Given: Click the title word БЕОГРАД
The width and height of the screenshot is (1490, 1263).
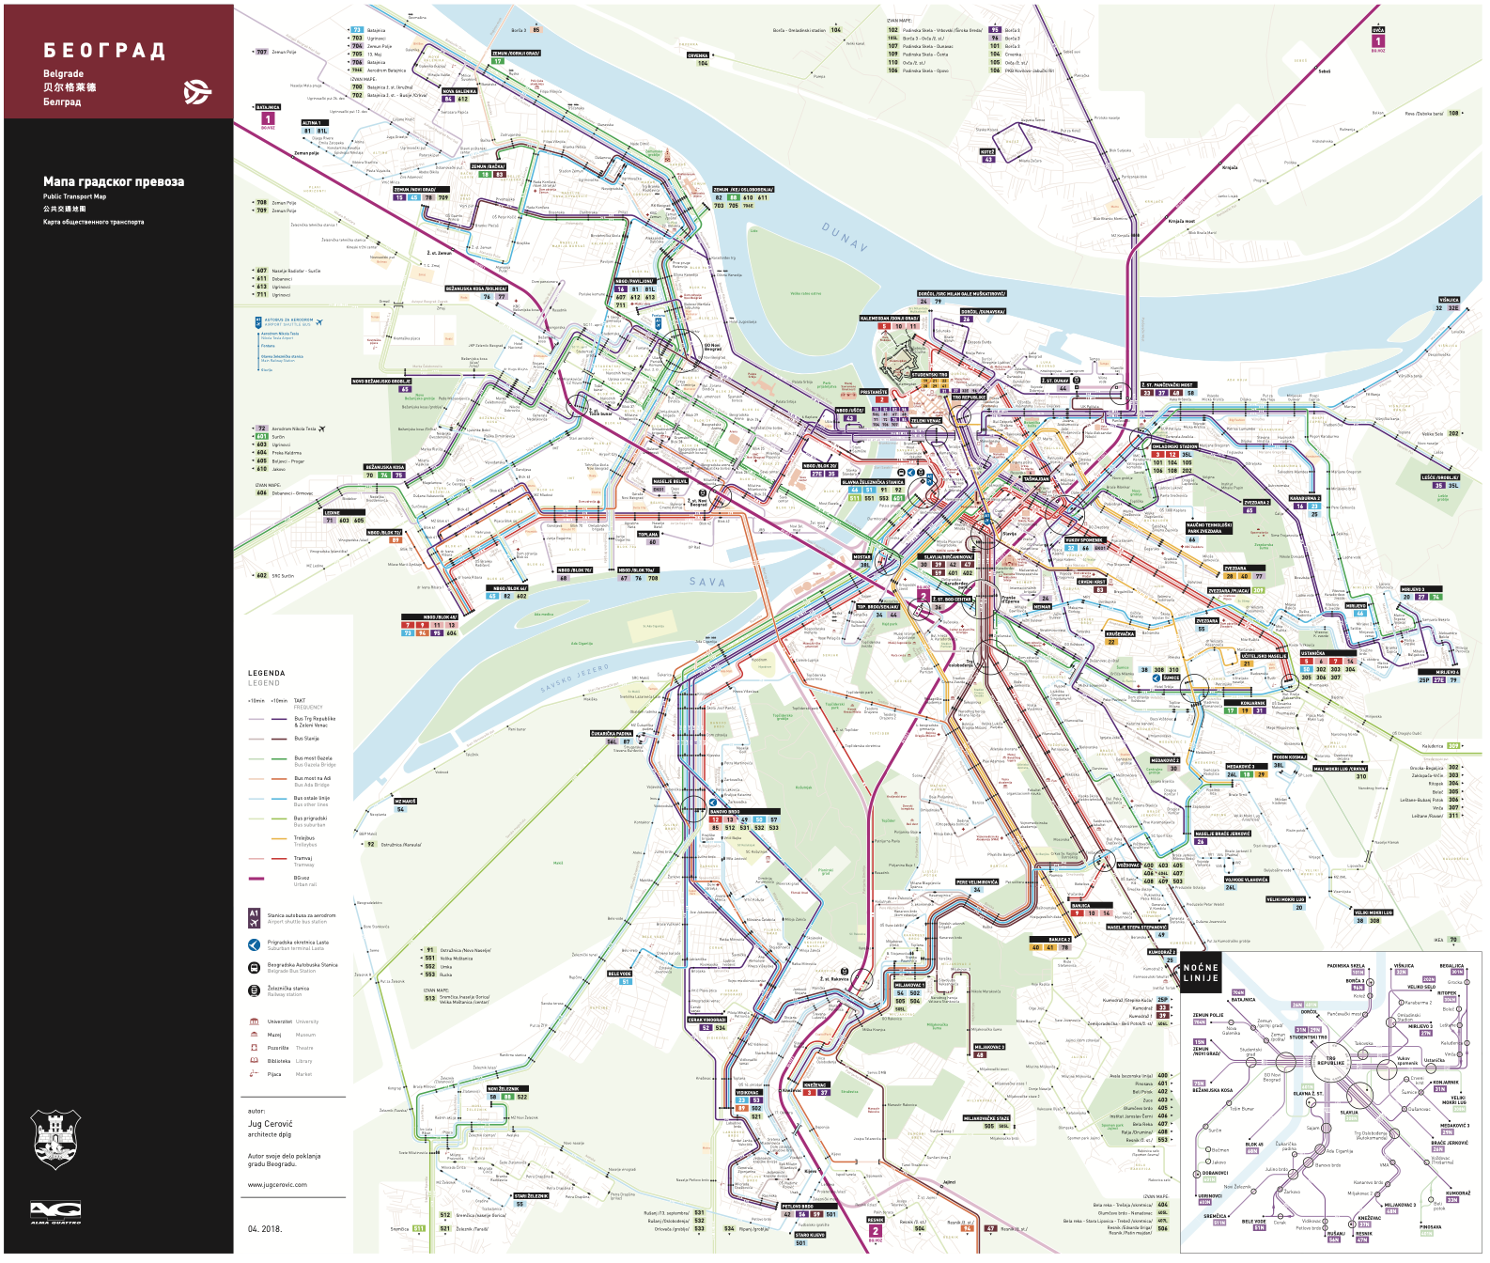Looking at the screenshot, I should (x=104, y=51).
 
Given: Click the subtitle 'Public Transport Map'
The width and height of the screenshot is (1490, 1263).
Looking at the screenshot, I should (x=74, y=196).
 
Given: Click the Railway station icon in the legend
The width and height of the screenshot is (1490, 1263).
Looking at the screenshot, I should (x=254, y=990).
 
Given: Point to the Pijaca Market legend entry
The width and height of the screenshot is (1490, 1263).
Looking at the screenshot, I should (x=274, y=1074).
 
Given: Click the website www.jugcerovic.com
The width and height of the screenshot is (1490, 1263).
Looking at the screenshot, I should (x=277, y=1185).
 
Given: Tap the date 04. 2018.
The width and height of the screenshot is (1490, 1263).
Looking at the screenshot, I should (x=265, y=1229).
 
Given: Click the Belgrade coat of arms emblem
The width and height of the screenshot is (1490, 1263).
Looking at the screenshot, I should (x=56, y=1138).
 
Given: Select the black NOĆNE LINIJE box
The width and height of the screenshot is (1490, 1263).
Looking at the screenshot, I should (x=1200, y=973).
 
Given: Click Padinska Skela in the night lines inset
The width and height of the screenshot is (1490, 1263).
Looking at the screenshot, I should (x=1345, y=966).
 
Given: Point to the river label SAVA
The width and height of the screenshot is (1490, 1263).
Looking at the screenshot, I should (x=706, y=583).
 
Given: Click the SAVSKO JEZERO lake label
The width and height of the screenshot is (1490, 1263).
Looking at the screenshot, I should (x=575, y=678).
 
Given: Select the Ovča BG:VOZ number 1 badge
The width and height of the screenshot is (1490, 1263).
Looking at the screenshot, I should (x=1377, y=41).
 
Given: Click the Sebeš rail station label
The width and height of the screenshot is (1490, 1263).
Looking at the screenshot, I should (x=1324, y=71).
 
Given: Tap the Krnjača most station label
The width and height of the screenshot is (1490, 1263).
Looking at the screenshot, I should (x=1181, y=222).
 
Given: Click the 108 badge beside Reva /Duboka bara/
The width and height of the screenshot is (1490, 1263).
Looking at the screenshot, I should (x=1454, y=113).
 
